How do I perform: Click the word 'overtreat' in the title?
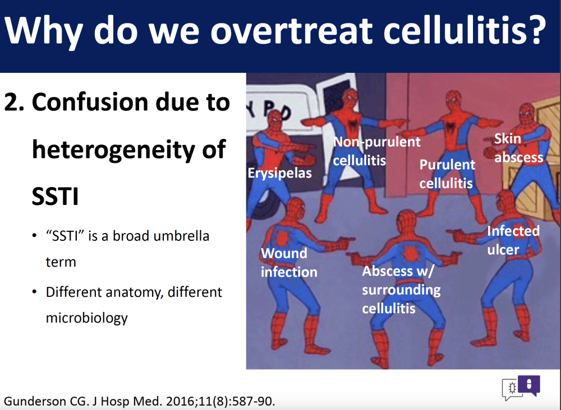(291, 31)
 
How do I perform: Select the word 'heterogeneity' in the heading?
(113, 150)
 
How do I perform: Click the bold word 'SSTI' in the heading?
(55, 196)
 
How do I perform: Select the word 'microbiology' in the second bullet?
(86, 318)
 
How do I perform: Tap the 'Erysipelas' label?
(279, 173)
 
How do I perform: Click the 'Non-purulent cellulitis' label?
(376, 151)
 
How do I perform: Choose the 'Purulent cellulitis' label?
(447, 174)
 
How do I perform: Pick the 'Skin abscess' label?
(518, 148)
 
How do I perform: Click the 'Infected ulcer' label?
(513, 240)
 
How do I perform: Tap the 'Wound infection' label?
(289, 263)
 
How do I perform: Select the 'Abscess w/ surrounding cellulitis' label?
(401, 290)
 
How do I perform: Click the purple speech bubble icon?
(529, 385)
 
